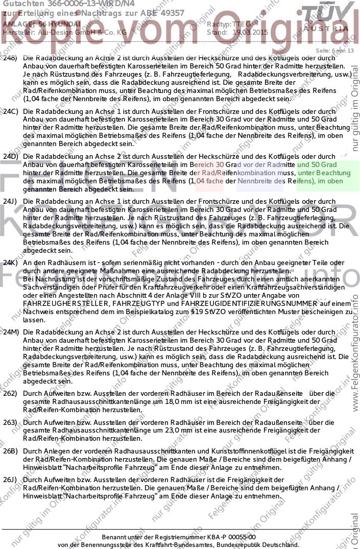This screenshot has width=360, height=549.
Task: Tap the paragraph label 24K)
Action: (x=11, y=262)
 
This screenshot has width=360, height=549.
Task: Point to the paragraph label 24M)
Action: (x=11, y=332)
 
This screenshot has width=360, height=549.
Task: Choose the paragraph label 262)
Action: (x=10, y=393)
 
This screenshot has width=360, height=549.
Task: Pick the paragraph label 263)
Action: (x=10, y=422)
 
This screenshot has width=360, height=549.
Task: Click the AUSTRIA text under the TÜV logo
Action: (x=327, y=29)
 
